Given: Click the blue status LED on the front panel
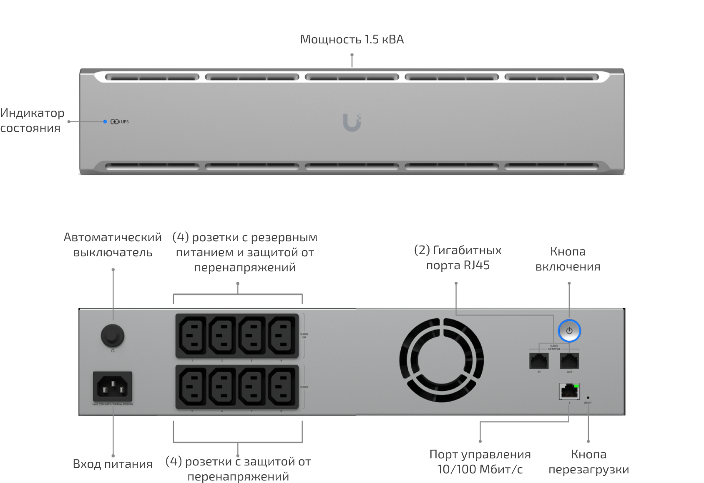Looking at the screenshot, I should (x=105, y=121).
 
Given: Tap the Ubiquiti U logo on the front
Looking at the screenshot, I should (x=352, y=122).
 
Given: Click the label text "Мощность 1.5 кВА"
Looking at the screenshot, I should (x=352, y=39).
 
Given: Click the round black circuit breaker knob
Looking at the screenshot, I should (x=113, y=335).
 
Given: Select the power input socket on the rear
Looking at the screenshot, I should (x=112, y=387).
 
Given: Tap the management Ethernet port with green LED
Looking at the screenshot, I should (x=569, y=391).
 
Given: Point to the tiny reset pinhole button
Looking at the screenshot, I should (x=588, y=398).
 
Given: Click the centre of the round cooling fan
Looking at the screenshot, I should (x=441, y=360).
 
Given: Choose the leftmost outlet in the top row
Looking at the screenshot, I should (x=192, y=335).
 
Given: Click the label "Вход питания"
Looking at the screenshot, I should (x=113, y=464).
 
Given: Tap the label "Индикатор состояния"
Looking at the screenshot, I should (x=32, y=120).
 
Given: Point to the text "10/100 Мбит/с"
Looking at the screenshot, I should (x=480, y=469).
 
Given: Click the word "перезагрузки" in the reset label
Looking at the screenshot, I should (x=588, y=469).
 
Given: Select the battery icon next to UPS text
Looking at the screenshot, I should (x=115, y=121).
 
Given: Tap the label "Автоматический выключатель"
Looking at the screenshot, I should (x=113, y=245).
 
